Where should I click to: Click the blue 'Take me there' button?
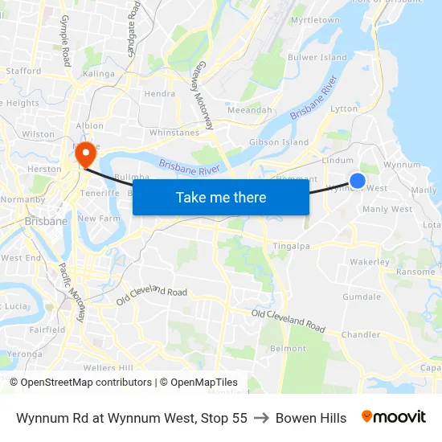221,197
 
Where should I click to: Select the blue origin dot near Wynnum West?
358,182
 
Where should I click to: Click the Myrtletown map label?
315,19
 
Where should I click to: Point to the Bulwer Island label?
317,57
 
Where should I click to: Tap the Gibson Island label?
279,142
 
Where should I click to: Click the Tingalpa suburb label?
292,245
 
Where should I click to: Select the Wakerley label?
370,262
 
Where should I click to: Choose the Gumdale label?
362,297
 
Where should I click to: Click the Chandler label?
361,334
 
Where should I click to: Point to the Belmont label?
288,348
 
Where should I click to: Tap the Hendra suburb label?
159,93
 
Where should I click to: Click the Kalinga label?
99,73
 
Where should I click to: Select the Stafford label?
23,71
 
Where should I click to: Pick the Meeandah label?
250,109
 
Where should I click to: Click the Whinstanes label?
174,133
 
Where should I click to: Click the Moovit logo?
394,417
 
